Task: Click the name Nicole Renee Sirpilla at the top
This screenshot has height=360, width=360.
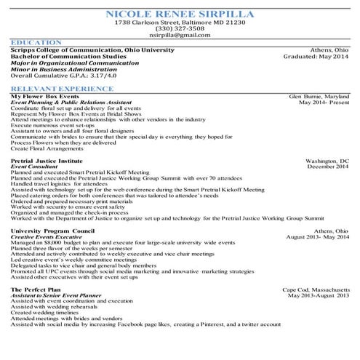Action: coord(180,14)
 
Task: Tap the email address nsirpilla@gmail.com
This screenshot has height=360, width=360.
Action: coord(180,35)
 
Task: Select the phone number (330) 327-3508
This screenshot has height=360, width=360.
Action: coord(180,28)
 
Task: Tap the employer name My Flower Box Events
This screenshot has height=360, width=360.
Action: coord(45,96)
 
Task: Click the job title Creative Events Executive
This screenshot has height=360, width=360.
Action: coord(51,237)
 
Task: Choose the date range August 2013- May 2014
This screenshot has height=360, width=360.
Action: coord(318,237)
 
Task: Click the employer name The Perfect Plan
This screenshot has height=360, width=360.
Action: coord(36,289)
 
